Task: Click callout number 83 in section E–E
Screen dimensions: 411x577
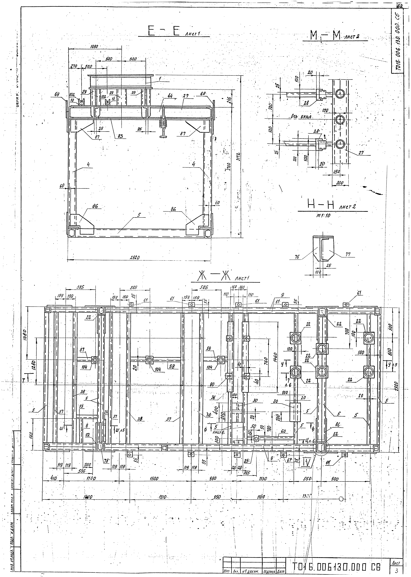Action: (x=120, y=136)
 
